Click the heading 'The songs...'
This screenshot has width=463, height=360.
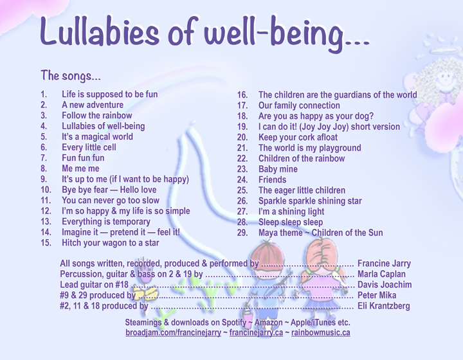pos(71,75)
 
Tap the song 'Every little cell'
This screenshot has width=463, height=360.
pos(89,147)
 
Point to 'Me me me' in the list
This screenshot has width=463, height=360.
pos(80,168)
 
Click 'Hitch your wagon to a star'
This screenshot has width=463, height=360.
pos(111,243)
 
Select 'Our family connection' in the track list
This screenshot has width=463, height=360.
pos(299,105)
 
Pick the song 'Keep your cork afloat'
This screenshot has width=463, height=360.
pos(298,137)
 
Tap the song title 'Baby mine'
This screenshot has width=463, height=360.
pos(278,169)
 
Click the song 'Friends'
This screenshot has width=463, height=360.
pos(273,180)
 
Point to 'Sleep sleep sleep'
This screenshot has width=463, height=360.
pos(291,222)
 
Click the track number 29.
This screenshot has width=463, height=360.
pos(242,233)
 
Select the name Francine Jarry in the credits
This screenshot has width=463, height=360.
pos(384,264)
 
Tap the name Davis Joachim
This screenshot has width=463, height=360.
pos(385,285)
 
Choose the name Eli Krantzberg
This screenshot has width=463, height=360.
pos(384,306)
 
